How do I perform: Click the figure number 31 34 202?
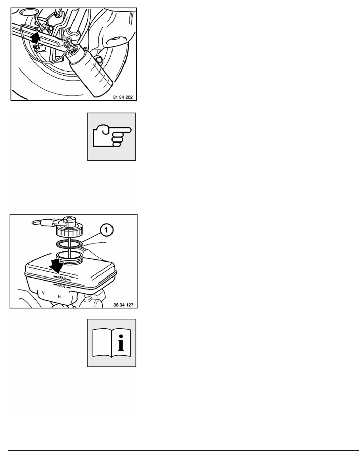click(123, 97)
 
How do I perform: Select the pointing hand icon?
click(112, 137)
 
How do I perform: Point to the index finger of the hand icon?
click(122, 130)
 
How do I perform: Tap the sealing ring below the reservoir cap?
click(69, 243)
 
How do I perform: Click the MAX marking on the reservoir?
click(62, 278)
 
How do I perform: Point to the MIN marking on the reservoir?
click(61, 286)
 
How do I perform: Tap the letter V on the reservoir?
click(43, 292)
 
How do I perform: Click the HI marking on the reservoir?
click(59, 297)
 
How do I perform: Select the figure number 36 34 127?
click(123, 305)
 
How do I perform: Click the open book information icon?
click(112, 343)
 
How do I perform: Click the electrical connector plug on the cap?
click(45, 222)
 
